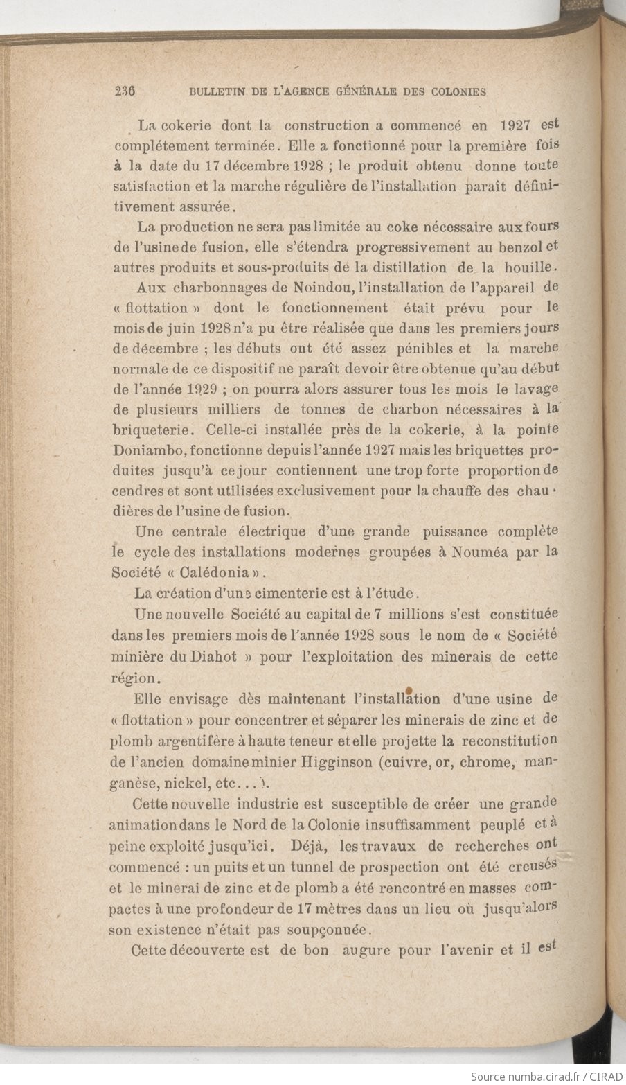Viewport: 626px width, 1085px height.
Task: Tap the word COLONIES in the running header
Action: click(x=457, y=91)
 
